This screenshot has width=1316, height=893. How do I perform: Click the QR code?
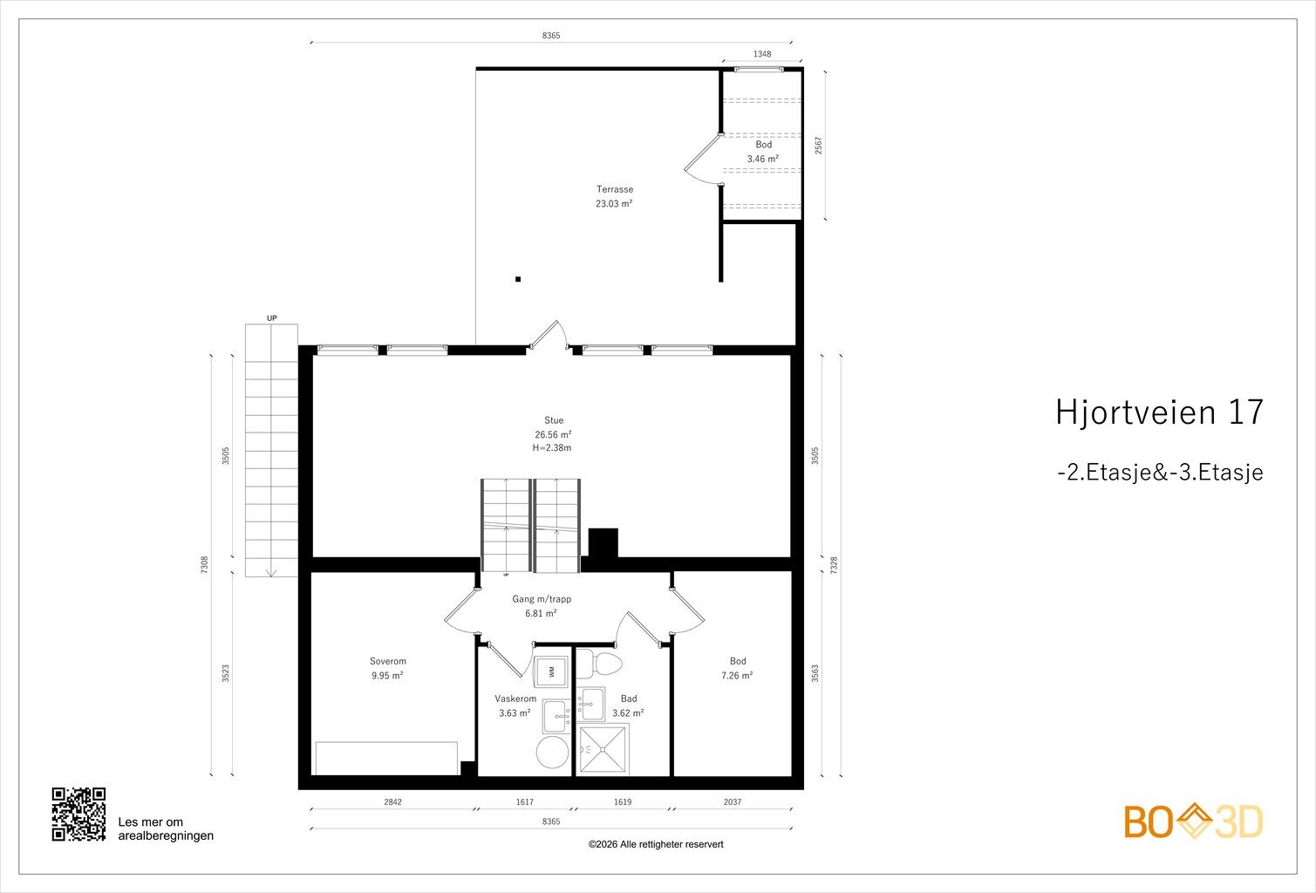pos(78,815)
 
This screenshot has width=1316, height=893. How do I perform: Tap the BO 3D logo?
pos(1193,821)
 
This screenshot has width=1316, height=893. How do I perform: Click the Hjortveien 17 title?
pos(1159,412)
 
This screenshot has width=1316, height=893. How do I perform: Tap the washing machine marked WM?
pos(550,671)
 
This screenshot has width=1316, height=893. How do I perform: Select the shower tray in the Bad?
pos(603,749)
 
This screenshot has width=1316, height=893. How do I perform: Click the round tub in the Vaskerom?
pos(552,752)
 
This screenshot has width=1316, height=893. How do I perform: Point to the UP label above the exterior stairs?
pos(272,318)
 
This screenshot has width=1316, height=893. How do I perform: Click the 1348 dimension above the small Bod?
pos(762,54)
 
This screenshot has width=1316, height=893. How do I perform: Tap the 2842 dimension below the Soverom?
pos(392,802)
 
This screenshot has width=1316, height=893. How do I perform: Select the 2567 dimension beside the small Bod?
pos(818,146)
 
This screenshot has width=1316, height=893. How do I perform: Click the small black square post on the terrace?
pos(517,279)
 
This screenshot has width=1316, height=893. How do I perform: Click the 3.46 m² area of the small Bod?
pos(762,159)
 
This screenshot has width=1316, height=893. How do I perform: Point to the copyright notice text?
pos(656,844)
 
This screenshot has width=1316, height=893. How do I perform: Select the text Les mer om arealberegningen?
pos(166,829)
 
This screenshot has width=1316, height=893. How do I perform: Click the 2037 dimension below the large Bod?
pos(732,802)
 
